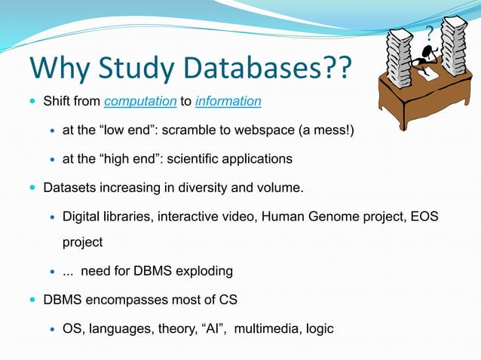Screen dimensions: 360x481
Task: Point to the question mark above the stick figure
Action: point(430,35)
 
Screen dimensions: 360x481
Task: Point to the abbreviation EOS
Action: point(423,217)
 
